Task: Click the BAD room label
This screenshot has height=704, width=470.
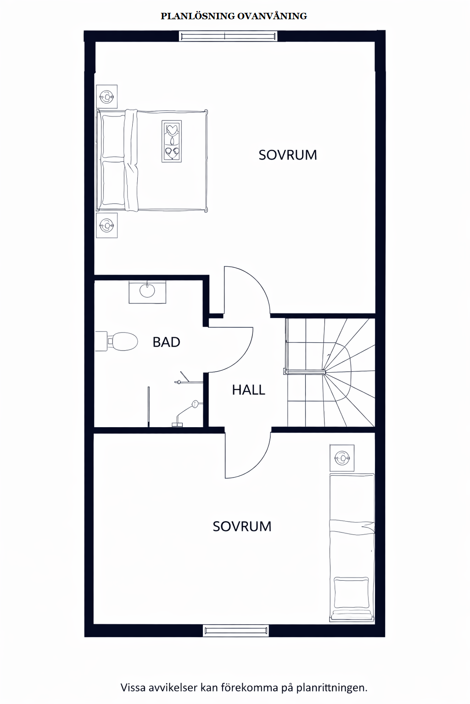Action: pyautogui.click(x=166, y=342)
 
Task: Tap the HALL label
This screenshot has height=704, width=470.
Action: pyautogui.click(x=248, y=390)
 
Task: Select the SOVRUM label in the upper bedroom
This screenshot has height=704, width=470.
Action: pyautogui.click(x=288, y=155)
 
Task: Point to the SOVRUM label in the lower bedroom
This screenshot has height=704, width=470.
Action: pyautogui.click(x=242, y=527)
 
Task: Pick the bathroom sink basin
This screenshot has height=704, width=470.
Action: pyautogui.click(x=147, y=291)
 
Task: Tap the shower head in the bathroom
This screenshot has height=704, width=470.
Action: pyautogui.click(x=196, y=403)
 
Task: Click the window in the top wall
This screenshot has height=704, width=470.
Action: pyautogui.click(x=228, y=36)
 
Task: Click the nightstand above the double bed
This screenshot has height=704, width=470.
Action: pyautogui.click(x=107, y=97)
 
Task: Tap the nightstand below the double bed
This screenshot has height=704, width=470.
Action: pyautogui.click(x=107, y=225)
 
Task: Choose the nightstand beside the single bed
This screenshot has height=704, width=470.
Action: pyautogui.click(x=342, y=457)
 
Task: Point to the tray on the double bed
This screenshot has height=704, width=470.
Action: pyautogui.click(x=172, y=141)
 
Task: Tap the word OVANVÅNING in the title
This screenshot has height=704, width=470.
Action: pyautogui.click(x=272, y=16)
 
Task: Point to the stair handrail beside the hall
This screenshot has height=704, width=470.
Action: pyautogui.click(x=305, y=372)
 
